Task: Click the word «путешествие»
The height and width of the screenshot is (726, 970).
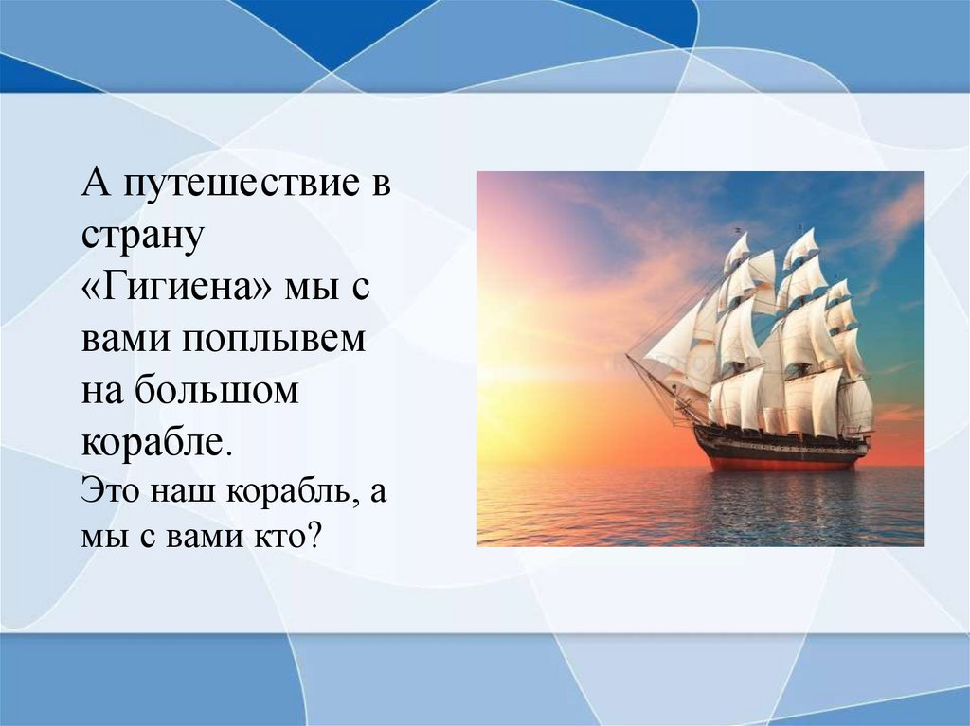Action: (x=242, y=185)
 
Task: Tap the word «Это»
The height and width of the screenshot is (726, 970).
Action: (x=112, y=491)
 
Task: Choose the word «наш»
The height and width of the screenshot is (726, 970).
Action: (x=184, y=493)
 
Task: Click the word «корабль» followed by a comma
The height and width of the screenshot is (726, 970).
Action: (x=293, y=492)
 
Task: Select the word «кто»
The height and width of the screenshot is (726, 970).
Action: (x=279, y=536)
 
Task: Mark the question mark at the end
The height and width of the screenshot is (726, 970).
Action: (x=314, y=534)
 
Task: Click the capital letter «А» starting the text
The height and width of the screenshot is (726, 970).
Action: (x=98, y=183)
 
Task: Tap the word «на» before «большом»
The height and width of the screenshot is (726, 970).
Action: (x=102, y=393)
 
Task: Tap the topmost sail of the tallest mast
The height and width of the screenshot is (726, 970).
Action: (x=801, y=247)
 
